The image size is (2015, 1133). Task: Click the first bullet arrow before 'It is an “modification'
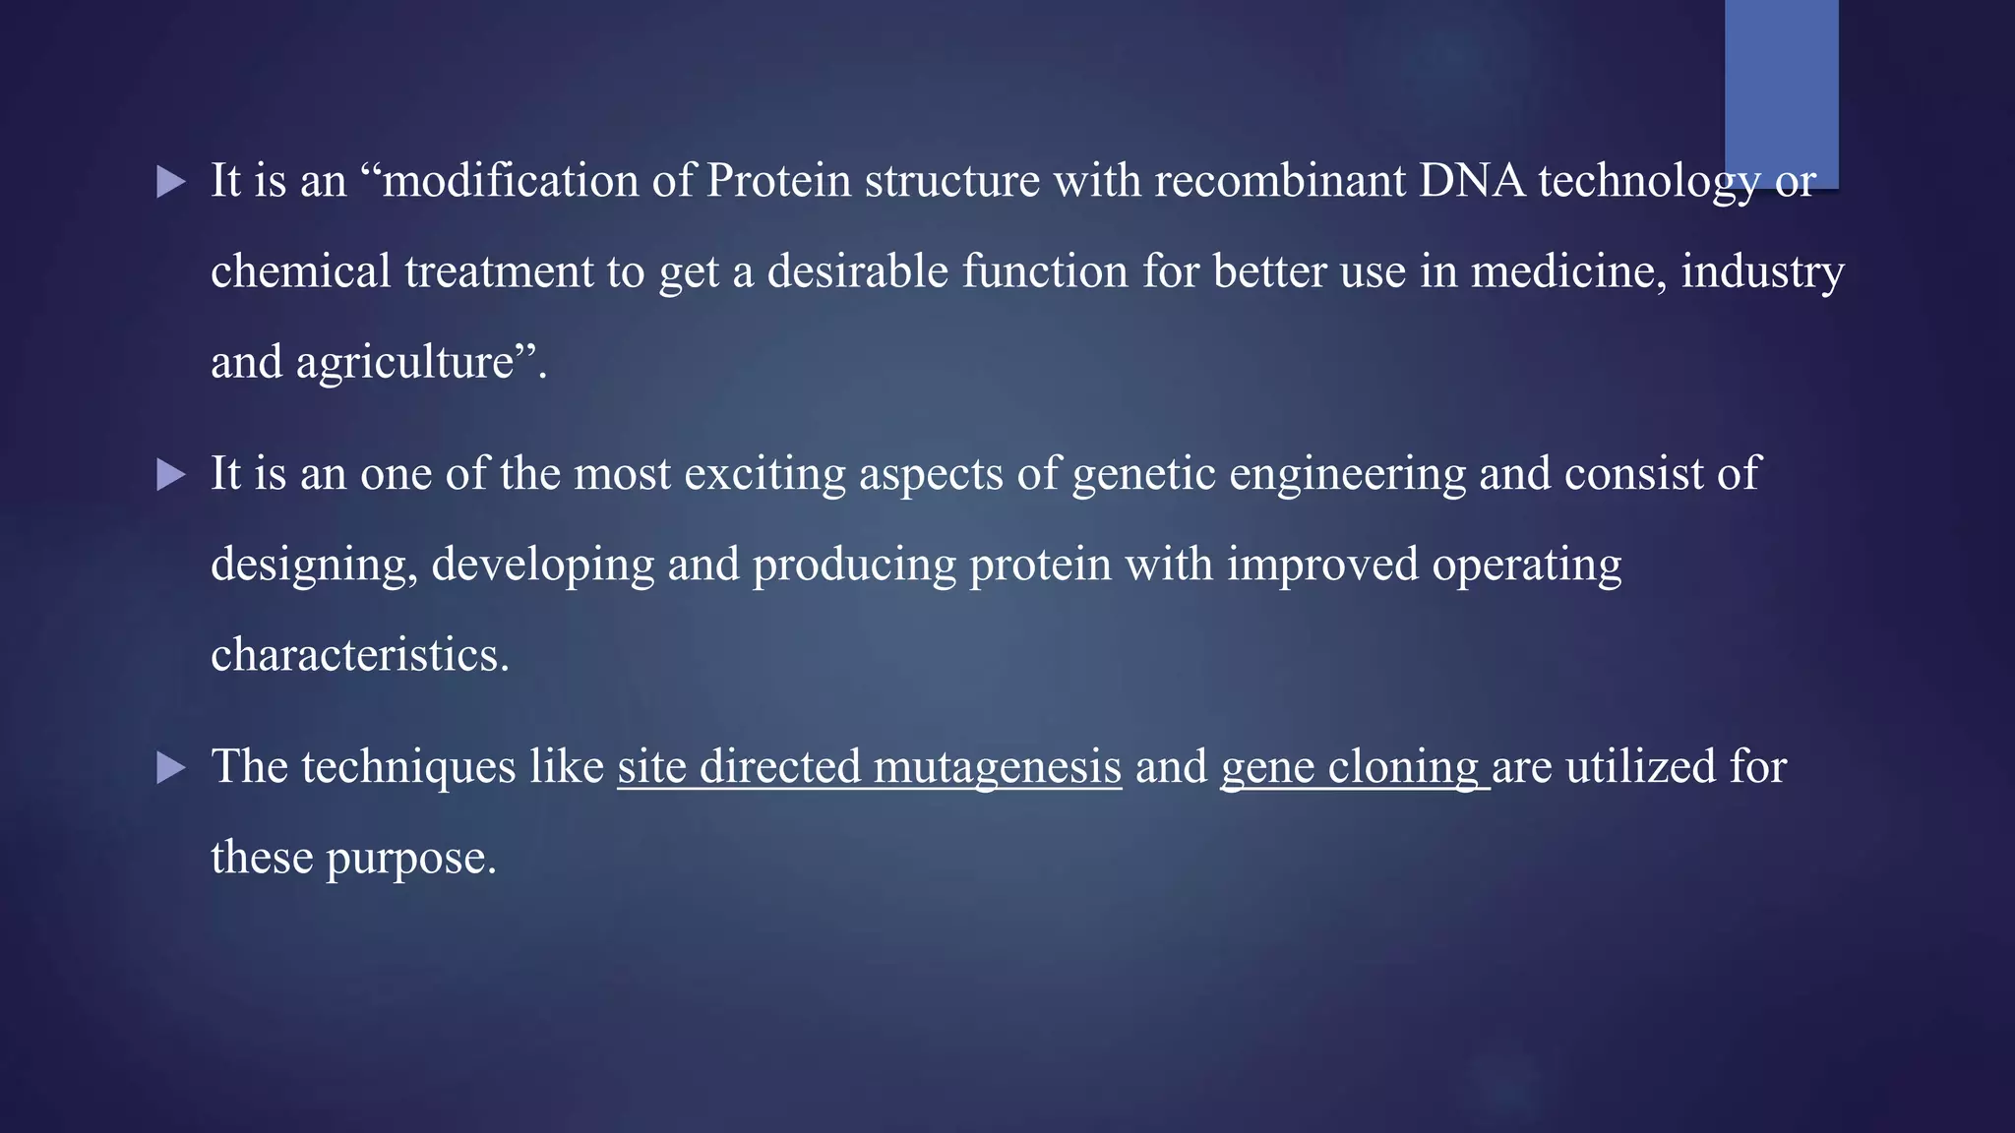pos(171,182)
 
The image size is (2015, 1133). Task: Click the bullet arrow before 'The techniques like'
pos(171,768)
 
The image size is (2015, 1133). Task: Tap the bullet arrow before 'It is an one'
pos(171,476)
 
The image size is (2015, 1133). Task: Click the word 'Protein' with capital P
pos(778,181)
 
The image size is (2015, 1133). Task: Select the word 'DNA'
pos(1472,181)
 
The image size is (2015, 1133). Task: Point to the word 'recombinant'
pos(1280,181)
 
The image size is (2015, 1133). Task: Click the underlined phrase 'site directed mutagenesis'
pos(869,767)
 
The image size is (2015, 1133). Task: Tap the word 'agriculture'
pos(405,362)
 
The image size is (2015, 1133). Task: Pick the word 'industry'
pos(1761,271)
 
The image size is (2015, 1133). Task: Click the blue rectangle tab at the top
pos(1781,89)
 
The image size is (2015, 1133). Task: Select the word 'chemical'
pos(301,271)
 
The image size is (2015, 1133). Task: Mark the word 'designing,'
pos(314,565)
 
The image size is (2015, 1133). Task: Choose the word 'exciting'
pos(763,474)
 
